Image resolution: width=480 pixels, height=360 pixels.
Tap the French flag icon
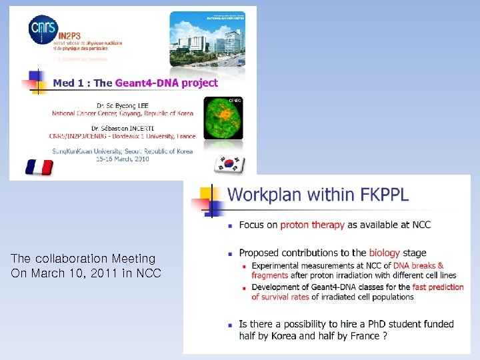39,167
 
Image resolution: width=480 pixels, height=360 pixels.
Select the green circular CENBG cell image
223,117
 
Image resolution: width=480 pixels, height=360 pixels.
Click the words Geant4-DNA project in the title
166,83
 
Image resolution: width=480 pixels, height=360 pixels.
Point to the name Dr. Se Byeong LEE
122,105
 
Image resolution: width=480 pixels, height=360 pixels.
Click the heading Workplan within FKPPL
318,195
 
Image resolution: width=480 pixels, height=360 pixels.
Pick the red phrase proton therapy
312,225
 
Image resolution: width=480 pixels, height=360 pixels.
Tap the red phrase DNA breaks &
418,266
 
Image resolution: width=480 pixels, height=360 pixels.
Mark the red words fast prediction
438,287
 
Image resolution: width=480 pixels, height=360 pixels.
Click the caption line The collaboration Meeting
83,258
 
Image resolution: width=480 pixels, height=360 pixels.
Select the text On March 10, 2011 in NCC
86,273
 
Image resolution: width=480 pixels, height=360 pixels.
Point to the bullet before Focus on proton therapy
231,225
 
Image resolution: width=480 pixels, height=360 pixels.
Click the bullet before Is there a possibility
231,325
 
